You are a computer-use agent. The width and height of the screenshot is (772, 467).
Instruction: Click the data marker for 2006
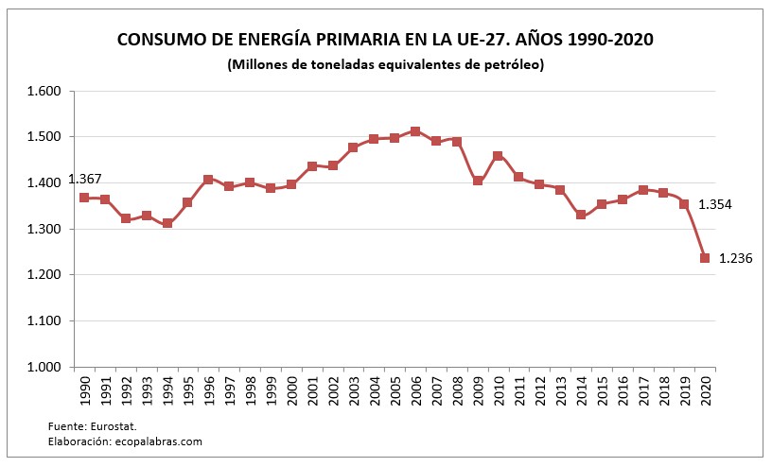pyautogui.click(x=415, y=131)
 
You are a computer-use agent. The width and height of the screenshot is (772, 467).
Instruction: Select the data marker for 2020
pyautogui.click(x=705, y=258)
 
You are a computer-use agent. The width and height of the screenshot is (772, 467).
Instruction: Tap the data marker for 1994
pyautogui.click(x=167, y=223)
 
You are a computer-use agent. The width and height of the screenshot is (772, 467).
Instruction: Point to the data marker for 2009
pyautogui.click(x=478, y=181)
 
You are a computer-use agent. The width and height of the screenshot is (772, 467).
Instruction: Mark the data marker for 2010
pyautogui.click(x=499, y=156)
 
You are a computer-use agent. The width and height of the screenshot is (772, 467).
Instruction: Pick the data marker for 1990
pyautogui.click(x=84, y=198)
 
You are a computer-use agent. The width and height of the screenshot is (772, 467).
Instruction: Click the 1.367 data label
pyautogui.click(x=84, y=180)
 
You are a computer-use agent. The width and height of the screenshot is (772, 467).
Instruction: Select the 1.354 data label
pyautogui.click(x=715, y=204)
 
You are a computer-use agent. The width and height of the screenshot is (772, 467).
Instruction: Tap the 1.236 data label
pyautogui.click(x=735, y=258)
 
